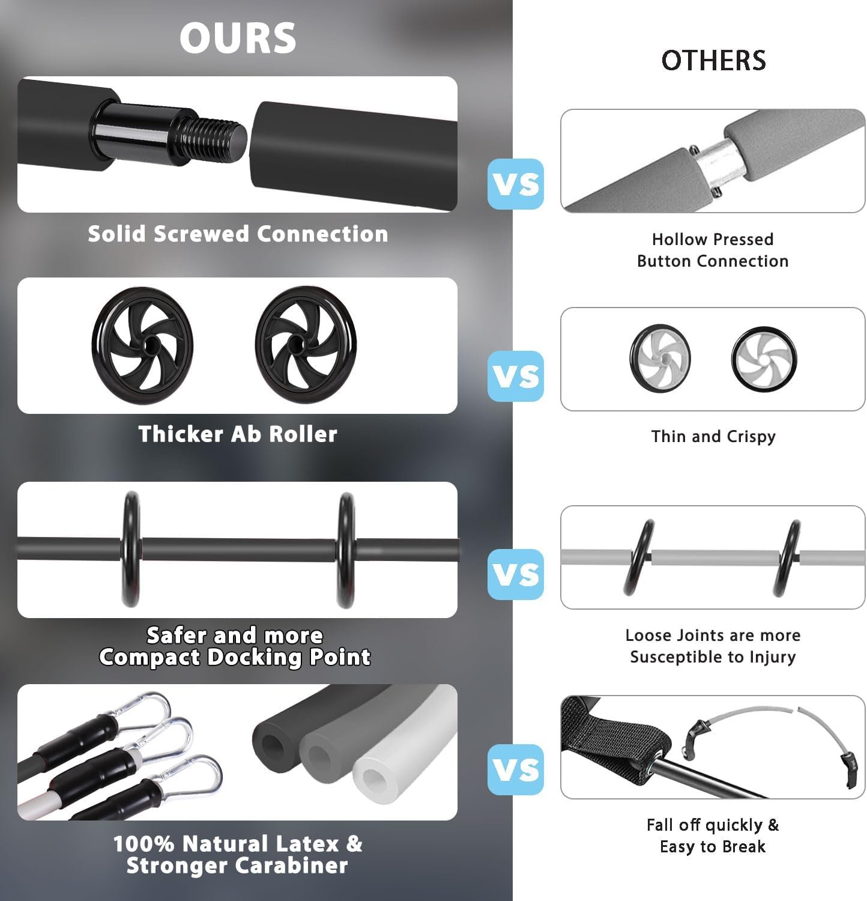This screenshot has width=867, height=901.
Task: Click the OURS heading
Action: [x=238, y=37]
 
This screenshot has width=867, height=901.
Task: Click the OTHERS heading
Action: [x=713, y=60]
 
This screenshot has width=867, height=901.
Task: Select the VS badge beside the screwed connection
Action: [x=516, y=184]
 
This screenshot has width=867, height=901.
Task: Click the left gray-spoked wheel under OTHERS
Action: [x=660, y=359]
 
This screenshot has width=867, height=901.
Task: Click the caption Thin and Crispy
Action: [x=713, y=437]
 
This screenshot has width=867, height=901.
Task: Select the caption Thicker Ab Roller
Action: [x=238, y=434]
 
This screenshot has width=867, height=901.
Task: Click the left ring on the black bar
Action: [x=131, y=549]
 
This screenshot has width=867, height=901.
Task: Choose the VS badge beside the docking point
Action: [x=516, y=574]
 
